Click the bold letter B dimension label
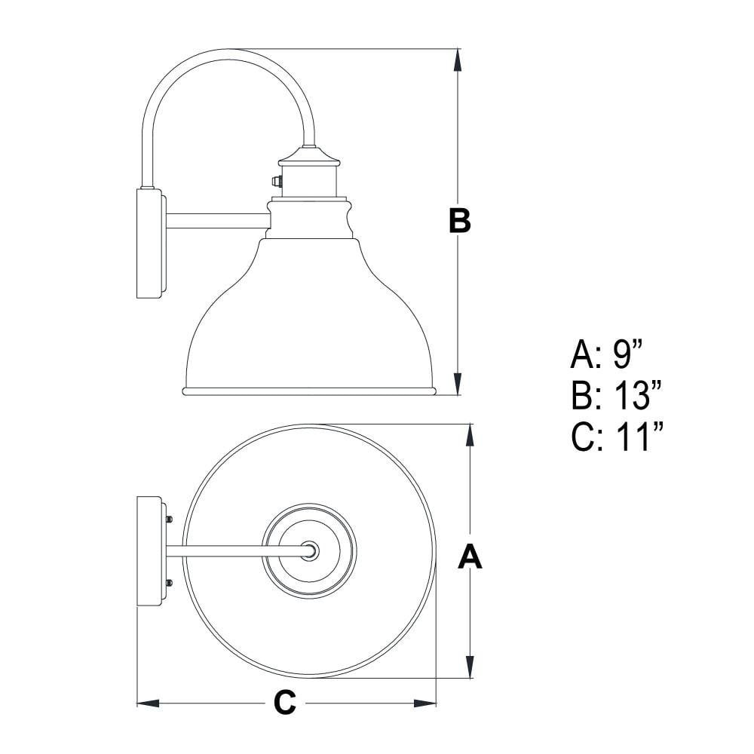click(459, 221)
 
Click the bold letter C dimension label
click(285, 703)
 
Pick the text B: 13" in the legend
click(617, 395)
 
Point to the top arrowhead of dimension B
click(458, 60)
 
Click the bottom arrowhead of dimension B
click(458, 383)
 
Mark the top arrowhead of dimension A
click(470, 436)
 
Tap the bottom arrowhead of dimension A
click(470, 667)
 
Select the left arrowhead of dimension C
click(149, 703)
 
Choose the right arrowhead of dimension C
click(425, 703)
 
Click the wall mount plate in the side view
click(152, 244)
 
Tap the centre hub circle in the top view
click(310, 550)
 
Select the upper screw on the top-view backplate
click(169, 520)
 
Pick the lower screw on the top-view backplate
click(169, 584)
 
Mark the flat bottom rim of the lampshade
click(309, 391)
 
